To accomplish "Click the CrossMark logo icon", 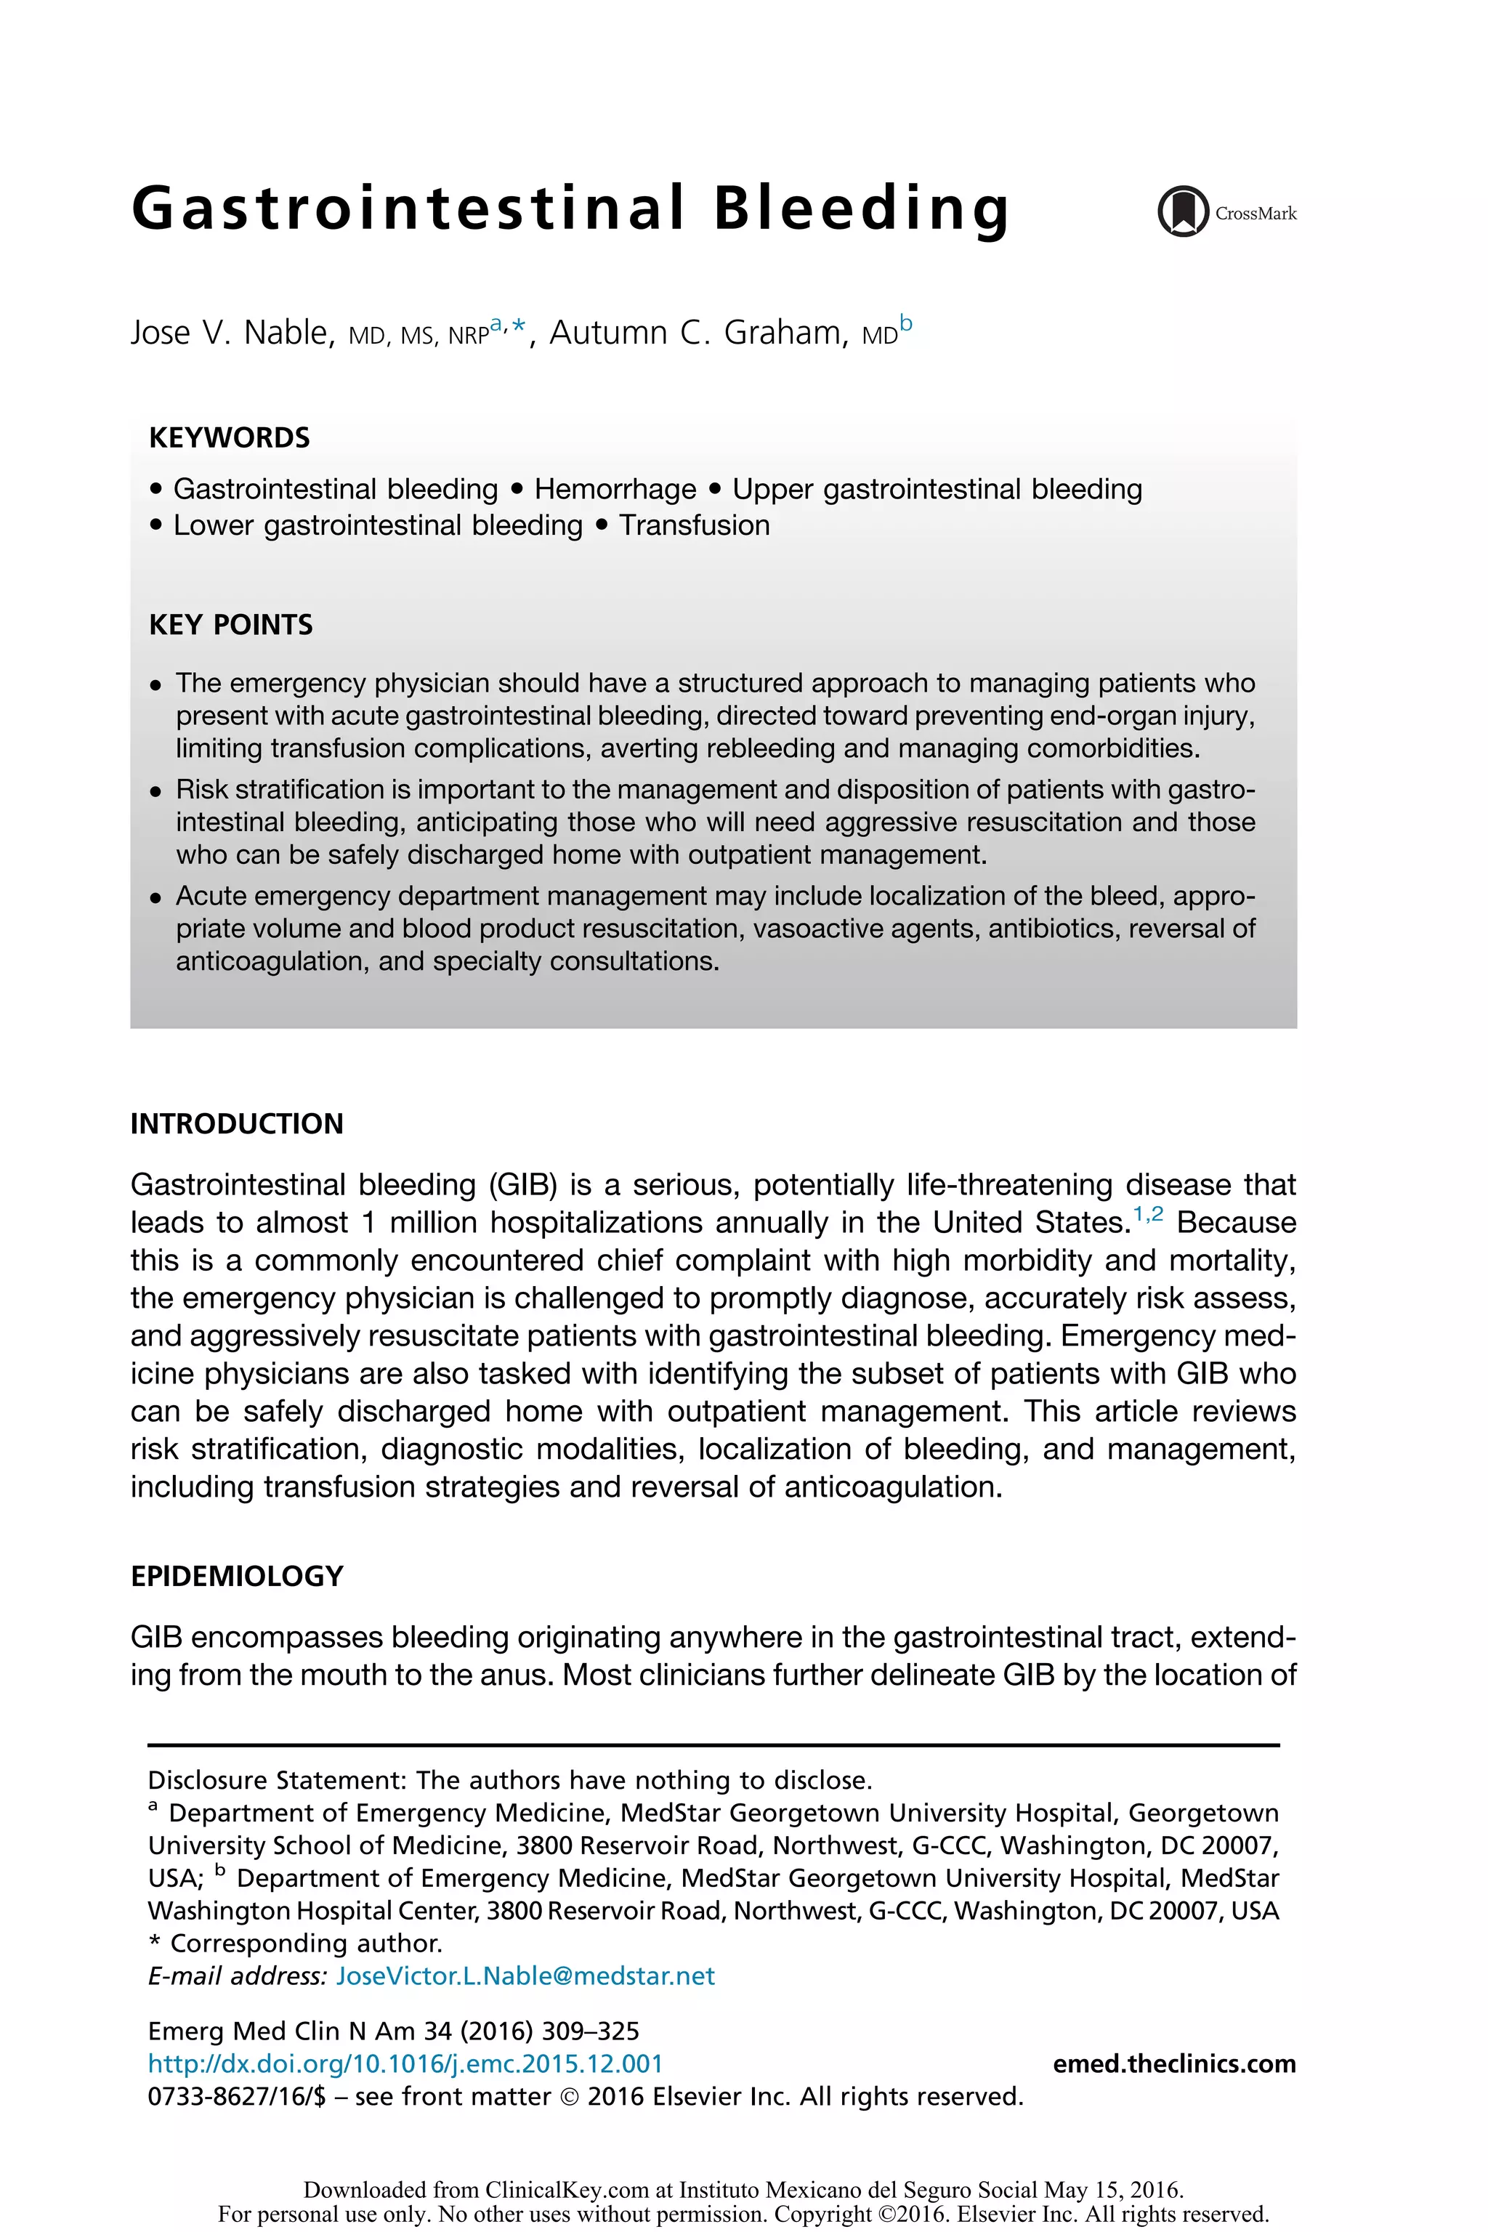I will [1182, 211].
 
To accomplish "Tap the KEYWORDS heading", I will [230, 437].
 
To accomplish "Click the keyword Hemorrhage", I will [615, 489].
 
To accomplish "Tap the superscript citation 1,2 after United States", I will [1148, 1215].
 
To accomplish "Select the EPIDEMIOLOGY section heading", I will [236, 1576].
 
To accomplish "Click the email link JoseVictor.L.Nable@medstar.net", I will [526, 1976].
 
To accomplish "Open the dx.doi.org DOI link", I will [405, 2064].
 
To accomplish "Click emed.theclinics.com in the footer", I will [1174, 2064].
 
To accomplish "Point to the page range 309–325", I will [590, 2031].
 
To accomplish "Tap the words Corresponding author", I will [306, 1944].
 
